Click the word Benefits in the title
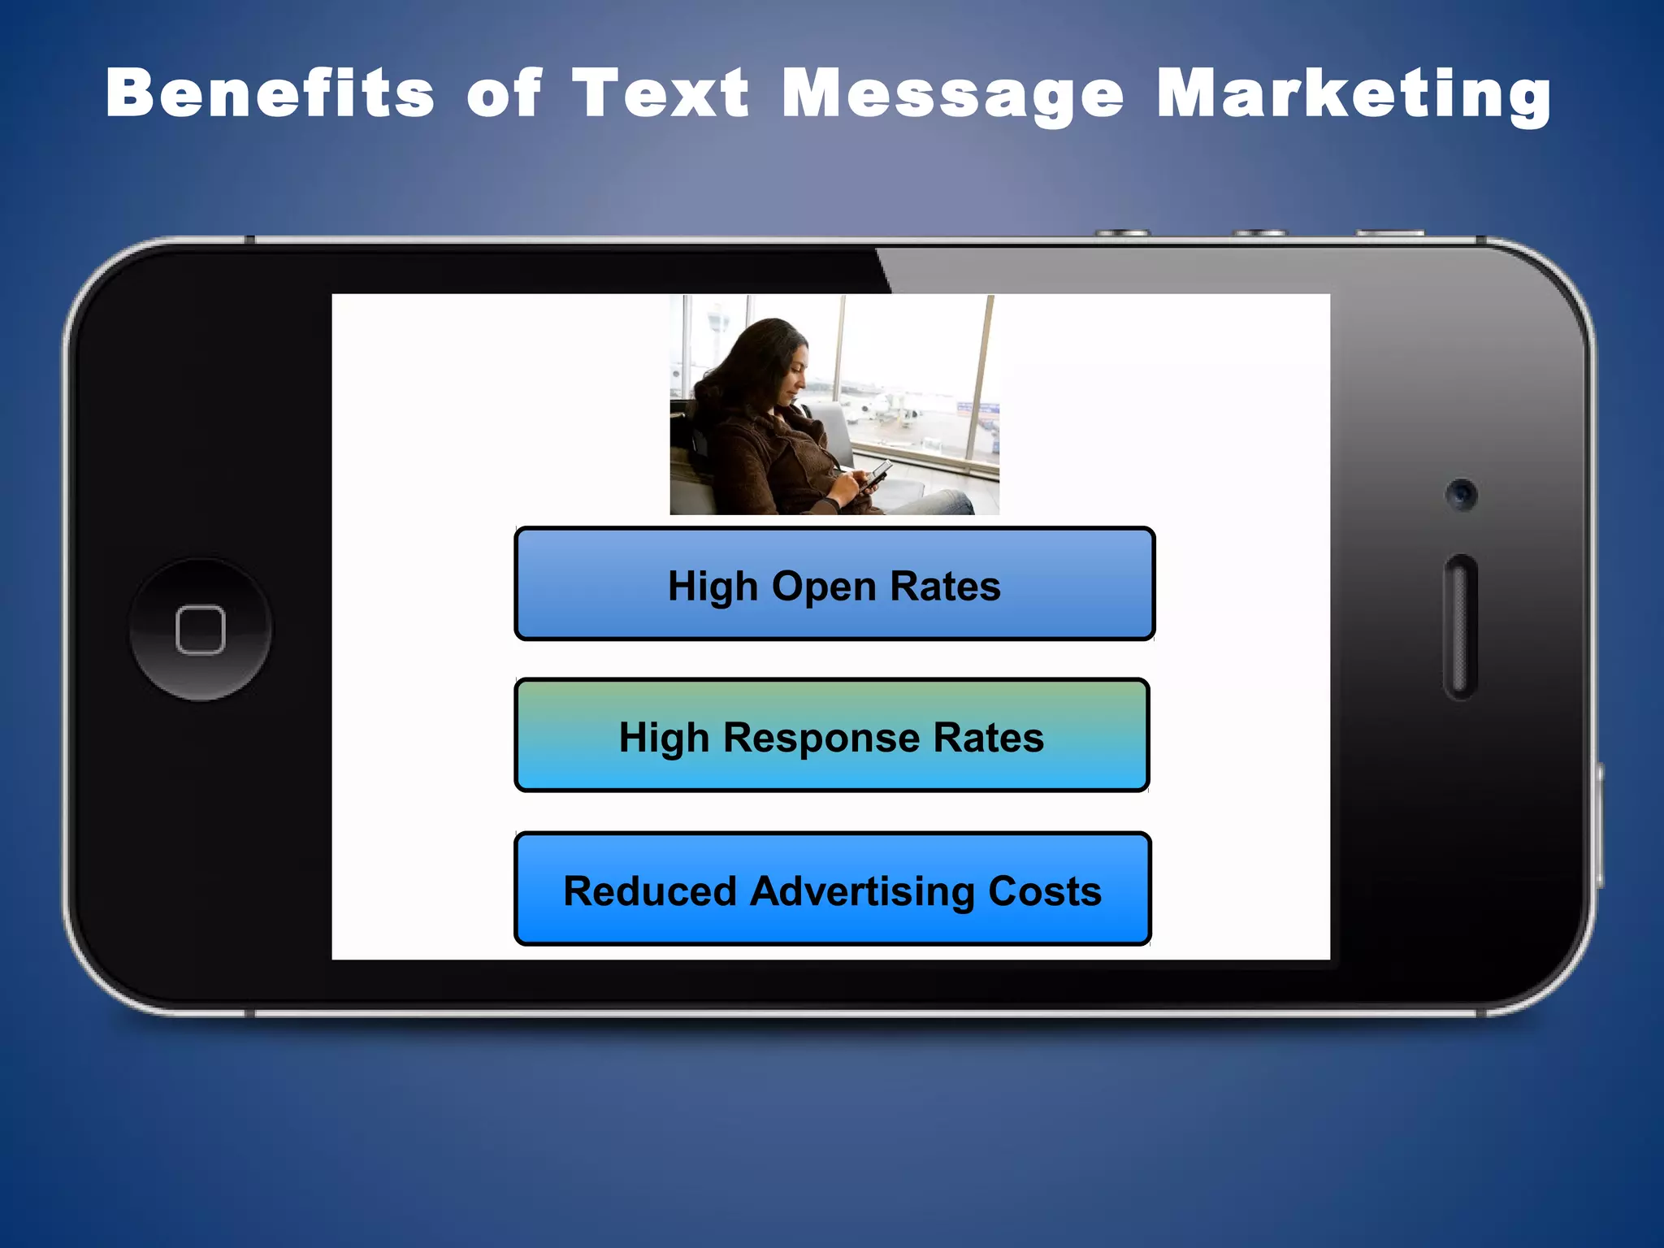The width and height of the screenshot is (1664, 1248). [271, 93]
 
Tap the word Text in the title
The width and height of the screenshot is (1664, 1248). [660, 93]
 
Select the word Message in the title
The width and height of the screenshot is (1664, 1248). [952, 94]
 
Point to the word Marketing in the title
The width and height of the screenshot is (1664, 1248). [1354, 94]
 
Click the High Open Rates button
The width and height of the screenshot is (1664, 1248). [834, 584]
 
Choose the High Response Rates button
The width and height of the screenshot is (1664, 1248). [831, 736]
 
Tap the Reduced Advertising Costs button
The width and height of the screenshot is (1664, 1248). [832, 890]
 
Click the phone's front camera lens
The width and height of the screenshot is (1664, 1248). [1462, 493]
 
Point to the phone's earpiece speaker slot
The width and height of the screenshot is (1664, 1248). [1460, 626]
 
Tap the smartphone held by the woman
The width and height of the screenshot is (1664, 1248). [877, 473]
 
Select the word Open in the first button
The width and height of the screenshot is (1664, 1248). [824, 586]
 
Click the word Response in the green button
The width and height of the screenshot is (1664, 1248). [821, 738]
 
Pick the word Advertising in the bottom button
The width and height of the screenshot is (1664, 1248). [862, 891]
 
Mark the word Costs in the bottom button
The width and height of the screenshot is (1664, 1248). [1045, 891]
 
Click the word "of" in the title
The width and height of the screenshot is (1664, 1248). [504, 93]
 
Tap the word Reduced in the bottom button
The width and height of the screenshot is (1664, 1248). [650, 891]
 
